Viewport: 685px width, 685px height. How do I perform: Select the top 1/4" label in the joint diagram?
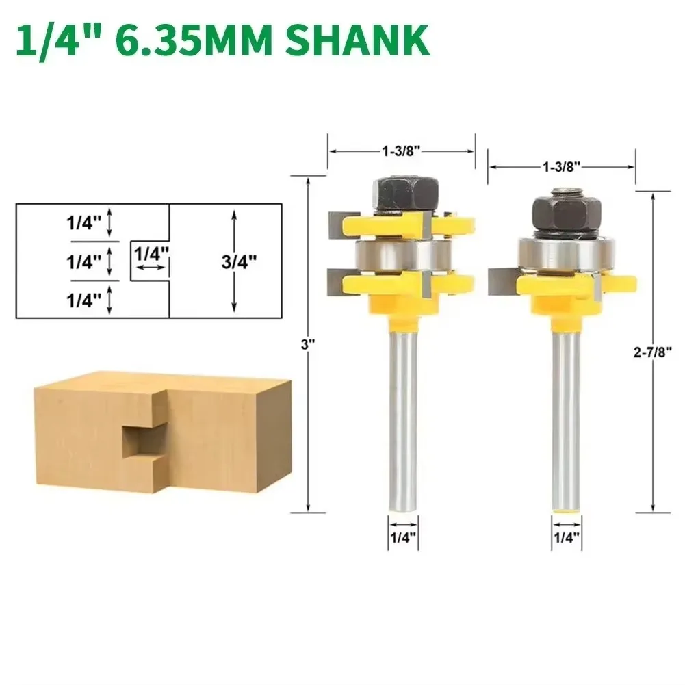click(x=84, y=223)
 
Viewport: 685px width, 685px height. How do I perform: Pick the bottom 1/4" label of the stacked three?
click(x=84, y=298)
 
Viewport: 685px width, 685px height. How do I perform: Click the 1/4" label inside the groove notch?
click(x=151, y=253)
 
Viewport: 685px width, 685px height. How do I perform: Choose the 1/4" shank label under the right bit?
click(x=566, y=538)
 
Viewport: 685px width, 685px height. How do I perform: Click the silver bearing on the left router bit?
click(x=400, y=254)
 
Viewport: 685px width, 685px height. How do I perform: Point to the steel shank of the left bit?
click(x=401, y=411)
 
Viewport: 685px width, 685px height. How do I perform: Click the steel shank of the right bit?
click(x=566, y=411)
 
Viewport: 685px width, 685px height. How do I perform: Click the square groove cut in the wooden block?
click(x=140, y=443)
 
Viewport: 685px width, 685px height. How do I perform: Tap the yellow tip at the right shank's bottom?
click(x=567, y=510)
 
